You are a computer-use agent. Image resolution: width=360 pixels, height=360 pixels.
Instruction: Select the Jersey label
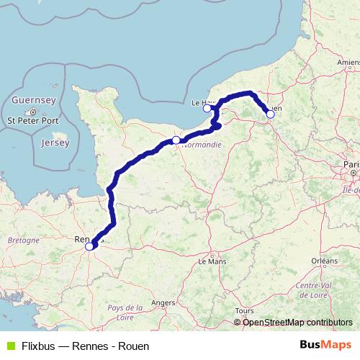coord(55,143)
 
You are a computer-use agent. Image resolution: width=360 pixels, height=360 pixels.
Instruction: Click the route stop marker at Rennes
coord(89,246)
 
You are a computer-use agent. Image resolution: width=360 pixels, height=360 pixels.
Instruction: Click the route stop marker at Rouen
coord(270,114)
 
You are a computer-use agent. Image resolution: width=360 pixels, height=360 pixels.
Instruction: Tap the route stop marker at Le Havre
coord(207,109)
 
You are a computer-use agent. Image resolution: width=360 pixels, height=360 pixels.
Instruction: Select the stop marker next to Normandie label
coord(176,140)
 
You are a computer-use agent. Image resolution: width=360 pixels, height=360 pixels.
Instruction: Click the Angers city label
coord(163,303)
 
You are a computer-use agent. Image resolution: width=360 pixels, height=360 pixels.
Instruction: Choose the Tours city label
coord(245,311)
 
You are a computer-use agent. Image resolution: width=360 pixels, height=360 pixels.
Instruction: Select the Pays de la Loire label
coord(125,311)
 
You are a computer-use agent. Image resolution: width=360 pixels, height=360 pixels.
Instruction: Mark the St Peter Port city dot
coord(33,112)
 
